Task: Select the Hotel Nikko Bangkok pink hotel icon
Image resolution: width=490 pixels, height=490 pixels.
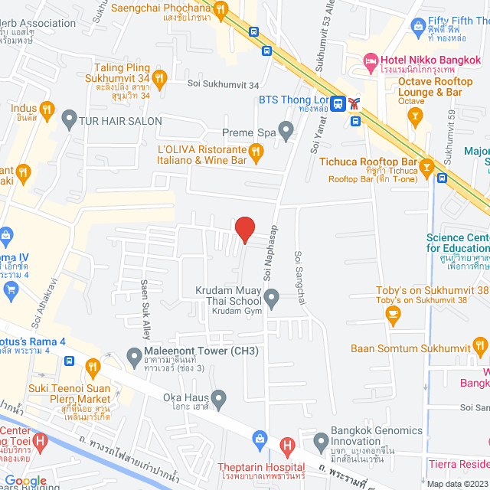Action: click(x=371, y=59)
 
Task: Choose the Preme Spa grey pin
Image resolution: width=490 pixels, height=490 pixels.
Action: click(x=286, y=132)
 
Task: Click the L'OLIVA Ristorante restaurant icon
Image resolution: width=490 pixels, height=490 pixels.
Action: click(x=256, y=153)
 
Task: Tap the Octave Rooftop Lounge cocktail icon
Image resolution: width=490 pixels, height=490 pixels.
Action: click(x=416, y=116)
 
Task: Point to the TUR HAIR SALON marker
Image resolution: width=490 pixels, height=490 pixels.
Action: click(x=70, y=120)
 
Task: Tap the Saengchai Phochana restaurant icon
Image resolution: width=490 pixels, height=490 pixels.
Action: click(x=220, y=9)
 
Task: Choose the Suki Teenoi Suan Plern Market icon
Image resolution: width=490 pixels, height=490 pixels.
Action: click(x=93, y=368)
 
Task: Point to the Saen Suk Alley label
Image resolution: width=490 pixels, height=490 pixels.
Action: click(x=144, y=299)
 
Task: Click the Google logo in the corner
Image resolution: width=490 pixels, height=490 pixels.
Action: click(x=26, y=481)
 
